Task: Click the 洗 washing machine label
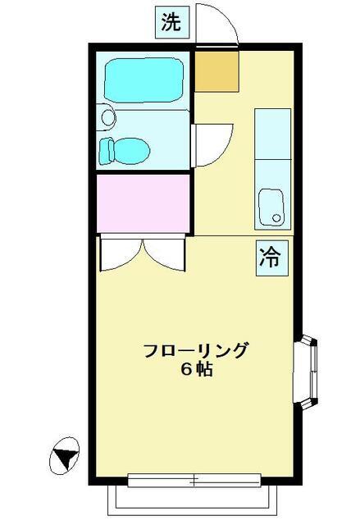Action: point(172,22)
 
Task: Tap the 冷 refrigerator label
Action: point(272,258)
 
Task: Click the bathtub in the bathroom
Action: point(144,80)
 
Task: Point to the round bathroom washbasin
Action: point(107,117)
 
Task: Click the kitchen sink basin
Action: point(272,208)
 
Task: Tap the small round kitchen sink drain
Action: point(276,217)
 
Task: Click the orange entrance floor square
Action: point(216,71)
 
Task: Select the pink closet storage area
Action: point(143,203)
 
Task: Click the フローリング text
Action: point(196,350)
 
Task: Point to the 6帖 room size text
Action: point(197,369)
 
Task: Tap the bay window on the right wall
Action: point(305,372)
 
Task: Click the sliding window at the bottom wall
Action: point(194,481)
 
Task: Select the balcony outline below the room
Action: point(193,501)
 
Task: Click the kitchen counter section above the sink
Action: point(272,134)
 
